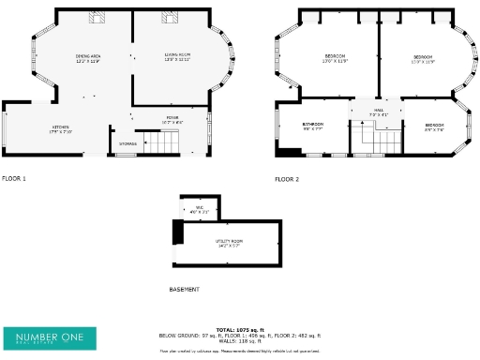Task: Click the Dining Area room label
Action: coord(89,58)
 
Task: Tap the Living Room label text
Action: coord(177,57)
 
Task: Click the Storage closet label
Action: coord(127,143)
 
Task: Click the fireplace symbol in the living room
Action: coord(172,16)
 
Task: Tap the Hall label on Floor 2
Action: coord(378,112)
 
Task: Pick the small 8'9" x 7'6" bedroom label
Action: coord(434,127)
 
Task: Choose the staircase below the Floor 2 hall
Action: coord(376,139)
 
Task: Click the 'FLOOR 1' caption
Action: coord(14,177)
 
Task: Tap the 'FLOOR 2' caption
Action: coord(287,178)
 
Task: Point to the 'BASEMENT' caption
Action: coord(185,290)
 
